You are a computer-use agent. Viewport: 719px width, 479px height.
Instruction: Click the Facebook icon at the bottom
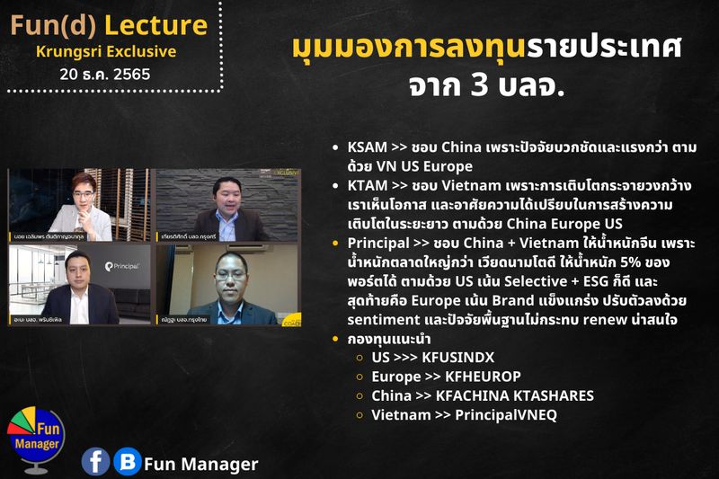pyautogui.click(x=95, y=461)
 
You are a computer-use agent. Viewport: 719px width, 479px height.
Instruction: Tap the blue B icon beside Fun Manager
pyautogui.click(x=127, y=461)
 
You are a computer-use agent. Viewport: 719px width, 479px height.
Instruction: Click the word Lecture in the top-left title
pyautogui.click(x=158, y=24)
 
